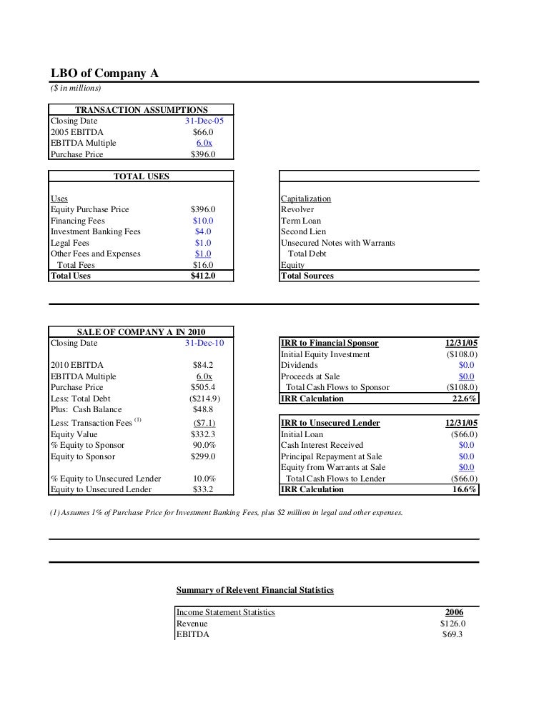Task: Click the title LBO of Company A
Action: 104,73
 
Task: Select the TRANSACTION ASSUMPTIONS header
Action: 142,110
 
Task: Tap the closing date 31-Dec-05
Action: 204,121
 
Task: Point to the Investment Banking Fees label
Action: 96,231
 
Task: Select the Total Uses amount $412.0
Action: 203,276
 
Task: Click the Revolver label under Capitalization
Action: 297,210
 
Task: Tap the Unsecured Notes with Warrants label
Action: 337,243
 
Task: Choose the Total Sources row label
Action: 307,276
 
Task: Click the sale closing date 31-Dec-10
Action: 204,343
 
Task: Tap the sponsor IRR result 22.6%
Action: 465,399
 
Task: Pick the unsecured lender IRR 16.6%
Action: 465,489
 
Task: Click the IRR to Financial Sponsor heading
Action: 330,343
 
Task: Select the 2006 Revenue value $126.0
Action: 453,624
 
